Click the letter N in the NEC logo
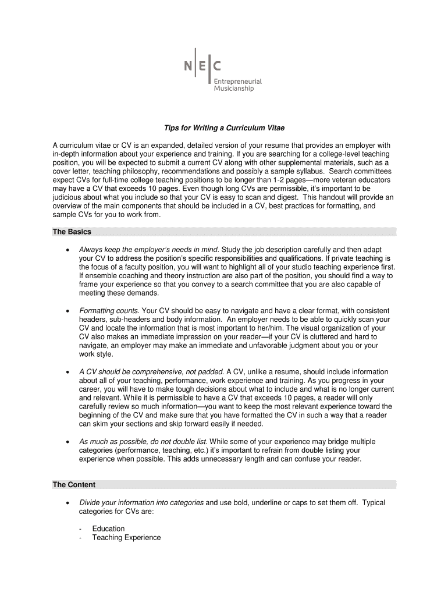click(x=189, y=66)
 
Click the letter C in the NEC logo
click(x=217, y=66)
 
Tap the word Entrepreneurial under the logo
click(x=237, y=81)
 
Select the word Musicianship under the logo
click(x=234, y=89)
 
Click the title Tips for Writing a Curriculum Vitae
click(x=223, y=127)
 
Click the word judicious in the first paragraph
click(x=68, y=197)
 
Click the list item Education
click(x=108, y=528)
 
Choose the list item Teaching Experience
click(x=126, y=537)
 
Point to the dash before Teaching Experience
click(x=81, y=538)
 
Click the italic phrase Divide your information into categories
click(x=141, y=502)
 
